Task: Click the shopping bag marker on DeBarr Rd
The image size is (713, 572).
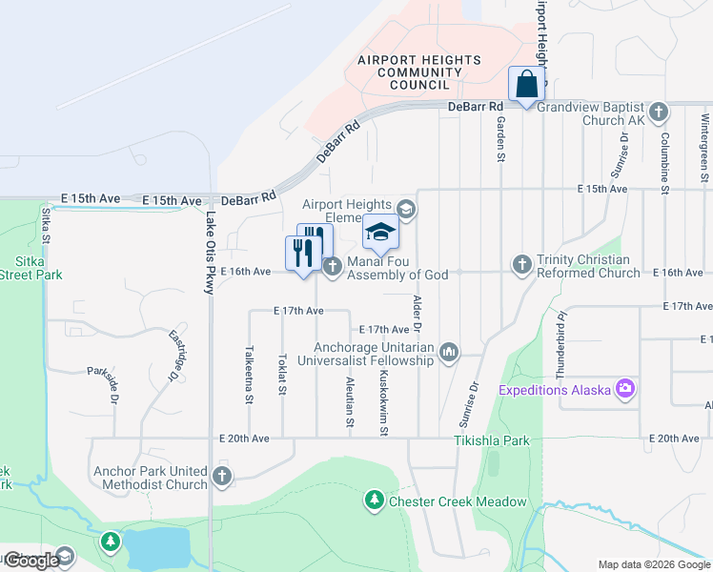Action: (526, 84)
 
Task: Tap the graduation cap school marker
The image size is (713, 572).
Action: (379, 232)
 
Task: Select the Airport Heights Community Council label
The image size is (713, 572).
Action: (418, 72)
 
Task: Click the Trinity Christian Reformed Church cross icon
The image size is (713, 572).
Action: (521, 263)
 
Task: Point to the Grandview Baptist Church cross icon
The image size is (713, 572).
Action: (658, 111)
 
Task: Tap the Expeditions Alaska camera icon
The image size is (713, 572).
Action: (625, 388)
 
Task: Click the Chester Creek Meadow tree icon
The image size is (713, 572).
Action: (375, 500)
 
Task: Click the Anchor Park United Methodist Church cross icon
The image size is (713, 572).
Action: (222, 475)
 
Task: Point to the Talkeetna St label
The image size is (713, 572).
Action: (249, 374)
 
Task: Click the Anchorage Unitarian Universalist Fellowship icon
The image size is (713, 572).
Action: (449, 353)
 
